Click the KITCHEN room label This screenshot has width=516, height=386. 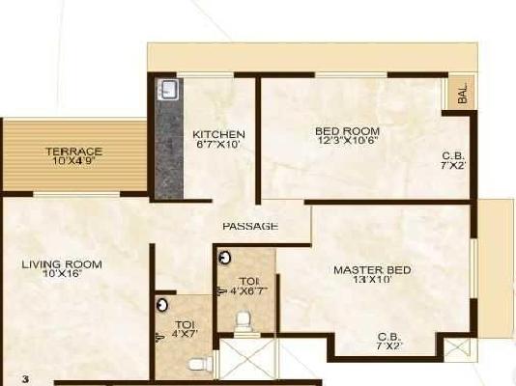(x=218, y=134)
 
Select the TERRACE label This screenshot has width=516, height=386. (x=74, y=152)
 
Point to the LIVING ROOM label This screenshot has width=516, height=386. (x=62, y=263)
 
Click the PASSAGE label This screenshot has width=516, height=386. (x=250, y=226)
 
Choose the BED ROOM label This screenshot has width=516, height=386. (x=347, y=130)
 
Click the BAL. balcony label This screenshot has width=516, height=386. (x=463, y=94)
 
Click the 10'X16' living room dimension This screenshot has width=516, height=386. (x=62, y=274)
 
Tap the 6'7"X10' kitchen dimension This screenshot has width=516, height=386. (x=218, y=145)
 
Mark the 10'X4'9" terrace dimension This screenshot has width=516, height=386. (x=74, y=161)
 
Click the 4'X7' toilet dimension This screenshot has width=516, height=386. (x=185, y=335)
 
